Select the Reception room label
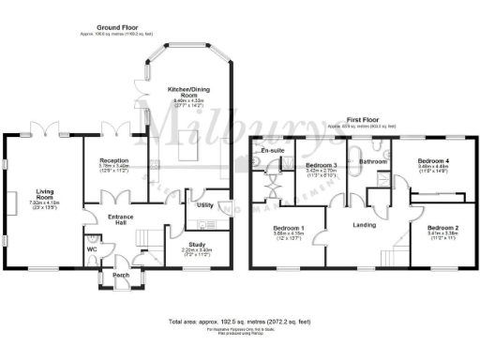[114, 161]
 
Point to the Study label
[189, 244]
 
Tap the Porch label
[122, 276]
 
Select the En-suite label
[273, 150]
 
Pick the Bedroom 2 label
[442, 228]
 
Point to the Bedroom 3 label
[321, 166]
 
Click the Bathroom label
[372, 161]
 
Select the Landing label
[365, 224]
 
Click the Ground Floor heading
[120, 28]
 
